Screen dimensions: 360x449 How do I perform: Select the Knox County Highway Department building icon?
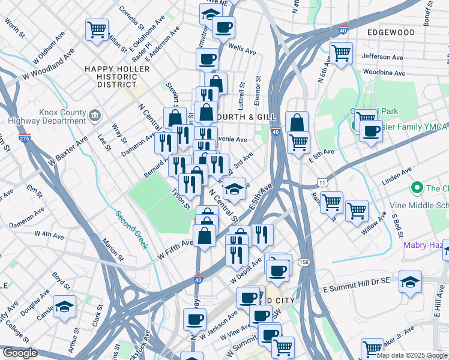coord(94,115)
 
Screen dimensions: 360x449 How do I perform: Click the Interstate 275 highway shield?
coord(24,138)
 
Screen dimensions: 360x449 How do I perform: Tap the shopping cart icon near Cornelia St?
coord(97,29)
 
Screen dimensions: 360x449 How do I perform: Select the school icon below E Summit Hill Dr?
coord(410,281)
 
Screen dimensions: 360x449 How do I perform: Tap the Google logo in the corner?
coord(20,353)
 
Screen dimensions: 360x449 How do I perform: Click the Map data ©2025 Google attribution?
coord(412,355)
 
